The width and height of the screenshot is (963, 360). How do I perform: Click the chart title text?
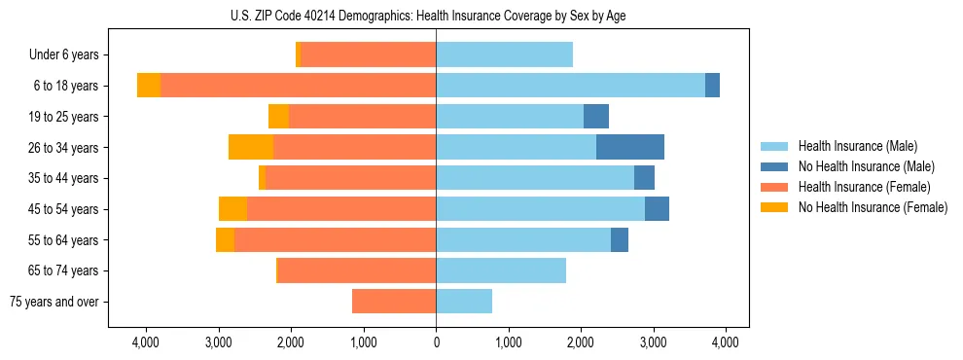[436, 17]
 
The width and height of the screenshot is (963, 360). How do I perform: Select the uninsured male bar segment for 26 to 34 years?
[629, 147]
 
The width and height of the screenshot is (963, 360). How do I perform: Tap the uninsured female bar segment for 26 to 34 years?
[251, 147]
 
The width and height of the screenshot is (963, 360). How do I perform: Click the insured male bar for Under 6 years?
[504, 54]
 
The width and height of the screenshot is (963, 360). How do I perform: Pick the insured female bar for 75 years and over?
[394, 302]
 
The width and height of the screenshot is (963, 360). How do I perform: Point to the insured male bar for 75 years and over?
[464, 302]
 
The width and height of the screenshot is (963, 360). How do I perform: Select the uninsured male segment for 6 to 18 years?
[712, 86]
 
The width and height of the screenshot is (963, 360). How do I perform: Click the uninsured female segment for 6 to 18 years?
[149, 86]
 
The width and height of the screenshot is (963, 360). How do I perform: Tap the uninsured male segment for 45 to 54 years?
[657, 209]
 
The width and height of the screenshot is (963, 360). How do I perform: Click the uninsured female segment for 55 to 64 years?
[225, 240]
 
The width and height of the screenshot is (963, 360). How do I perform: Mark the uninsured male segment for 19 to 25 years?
[595, 117]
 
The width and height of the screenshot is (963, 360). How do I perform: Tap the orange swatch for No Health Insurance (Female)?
[774, 207]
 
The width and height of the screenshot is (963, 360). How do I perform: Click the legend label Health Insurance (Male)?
[857, 146]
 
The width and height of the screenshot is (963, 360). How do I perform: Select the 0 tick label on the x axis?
[436, 342]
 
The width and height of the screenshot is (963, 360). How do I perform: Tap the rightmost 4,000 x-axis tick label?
[725, 342]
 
